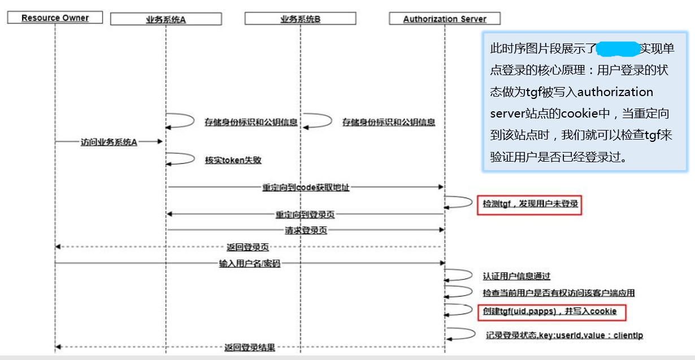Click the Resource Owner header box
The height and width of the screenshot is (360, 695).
point(55,18)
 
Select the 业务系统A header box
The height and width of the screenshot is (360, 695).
point(166,19)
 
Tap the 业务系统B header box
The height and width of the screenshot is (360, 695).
point(300,19)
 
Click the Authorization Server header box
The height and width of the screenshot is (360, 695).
point(445,19)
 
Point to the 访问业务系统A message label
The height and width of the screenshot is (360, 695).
point(108,142)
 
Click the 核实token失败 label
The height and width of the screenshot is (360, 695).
point(233,160)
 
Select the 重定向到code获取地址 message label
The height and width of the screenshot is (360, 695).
point(305,187)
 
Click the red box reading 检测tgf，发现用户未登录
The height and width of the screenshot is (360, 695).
point(530,203)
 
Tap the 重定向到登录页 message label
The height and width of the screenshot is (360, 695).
point(305,215)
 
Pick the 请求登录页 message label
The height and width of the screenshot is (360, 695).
point(306,231)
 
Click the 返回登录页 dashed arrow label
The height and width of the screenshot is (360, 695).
point(247,247)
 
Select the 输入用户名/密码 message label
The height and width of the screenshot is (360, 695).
point(249,263)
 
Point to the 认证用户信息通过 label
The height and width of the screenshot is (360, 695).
point(516,276)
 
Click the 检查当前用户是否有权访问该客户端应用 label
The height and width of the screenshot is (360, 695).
point(558,293)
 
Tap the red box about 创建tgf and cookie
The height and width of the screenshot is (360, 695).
point(549,311)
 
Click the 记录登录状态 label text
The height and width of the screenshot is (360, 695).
point(564,335)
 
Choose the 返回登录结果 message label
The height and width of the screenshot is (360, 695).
point(249,347)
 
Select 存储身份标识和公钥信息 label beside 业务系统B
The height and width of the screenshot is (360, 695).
point(388,122)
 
